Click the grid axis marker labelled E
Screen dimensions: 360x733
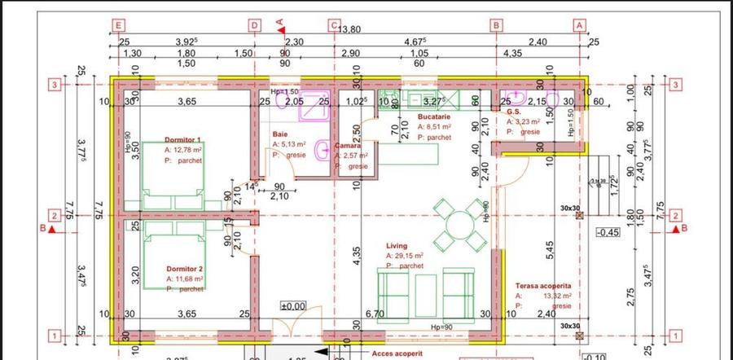(120, 25)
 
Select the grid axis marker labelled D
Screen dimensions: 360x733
(254, 25)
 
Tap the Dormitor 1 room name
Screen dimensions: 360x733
(182, 139)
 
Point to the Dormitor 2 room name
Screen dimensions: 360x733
(184, 268)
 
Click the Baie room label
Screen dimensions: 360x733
(279, 134)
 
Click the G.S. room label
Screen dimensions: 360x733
(513, 112)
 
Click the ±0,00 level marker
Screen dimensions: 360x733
(292, 307)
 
